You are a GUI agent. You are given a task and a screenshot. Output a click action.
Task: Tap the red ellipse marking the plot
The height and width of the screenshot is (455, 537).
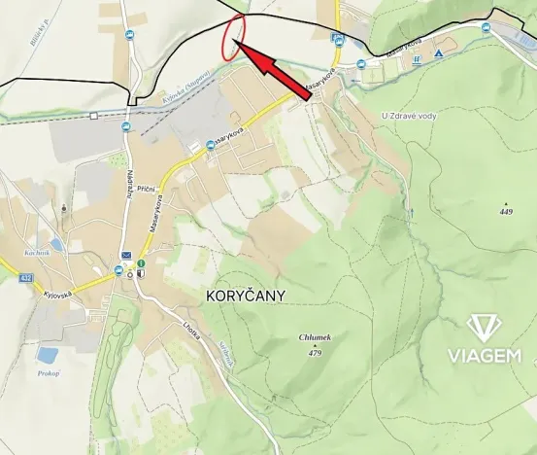click(x=233, y=37)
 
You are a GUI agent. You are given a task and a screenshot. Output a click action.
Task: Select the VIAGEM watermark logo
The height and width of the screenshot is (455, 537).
click(x=483, y=339)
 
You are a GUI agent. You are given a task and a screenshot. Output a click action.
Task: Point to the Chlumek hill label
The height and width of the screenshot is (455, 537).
click(x=316, y=337)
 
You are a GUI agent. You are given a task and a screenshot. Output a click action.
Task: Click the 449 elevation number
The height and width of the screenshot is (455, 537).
click(x=506, y=211)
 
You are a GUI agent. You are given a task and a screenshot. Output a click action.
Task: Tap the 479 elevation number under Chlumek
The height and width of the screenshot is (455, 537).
click(x=315, y=353)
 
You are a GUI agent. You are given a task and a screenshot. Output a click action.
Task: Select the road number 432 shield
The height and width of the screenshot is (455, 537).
click(x=24, y=278)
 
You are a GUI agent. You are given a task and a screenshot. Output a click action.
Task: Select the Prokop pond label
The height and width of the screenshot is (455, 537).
click(x=50, y=373)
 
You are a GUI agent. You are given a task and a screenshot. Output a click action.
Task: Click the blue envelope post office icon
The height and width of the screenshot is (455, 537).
click(x=126, y=255)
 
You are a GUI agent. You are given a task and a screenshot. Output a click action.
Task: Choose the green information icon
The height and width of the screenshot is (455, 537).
click(x=142, y=263)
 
